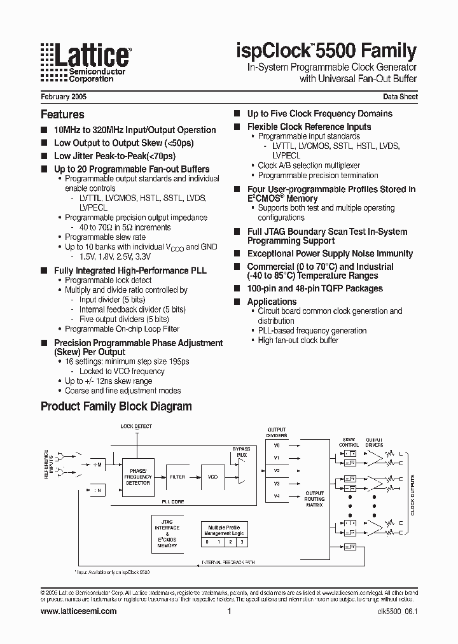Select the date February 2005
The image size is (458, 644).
(x=64, y=97)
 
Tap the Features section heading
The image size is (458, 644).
(x=62, y=115)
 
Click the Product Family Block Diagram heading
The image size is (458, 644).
(x=116, y=406)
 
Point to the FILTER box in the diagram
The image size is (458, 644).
(x=177, y=476)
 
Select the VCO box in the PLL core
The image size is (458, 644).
(x=212, y=476)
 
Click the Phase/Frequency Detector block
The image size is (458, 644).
(x=137, y=477)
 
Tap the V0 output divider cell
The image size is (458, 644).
(x=277, y=445)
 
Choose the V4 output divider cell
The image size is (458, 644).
(x=277, y=496)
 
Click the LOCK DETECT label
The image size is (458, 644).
(x=136, y=426)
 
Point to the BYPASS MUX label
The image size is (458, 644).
(x=242, y=452)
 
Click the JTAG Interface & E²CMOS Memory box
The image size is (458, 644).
(x=167, y=534)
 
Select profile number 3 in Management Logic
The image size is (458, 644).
(x=242, y=542)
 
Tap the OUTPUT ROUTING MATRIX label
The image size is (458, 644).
(x=314, y=499)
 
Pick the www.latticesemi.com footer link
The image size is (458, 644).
(x=78, y=611)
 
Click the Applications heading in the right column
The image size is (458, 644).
(x=272, y=302)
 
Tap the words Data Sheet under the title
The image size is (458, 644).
(x=400, y=97)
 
